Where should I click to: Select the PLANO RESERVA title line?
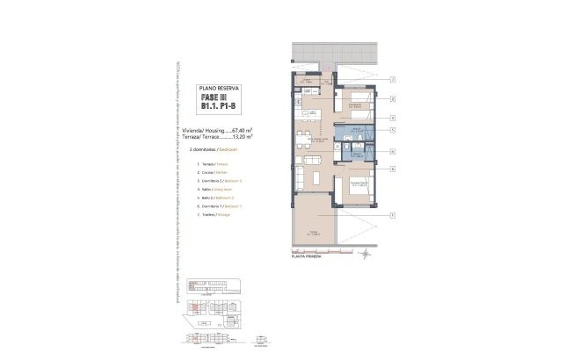[215, 89]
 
